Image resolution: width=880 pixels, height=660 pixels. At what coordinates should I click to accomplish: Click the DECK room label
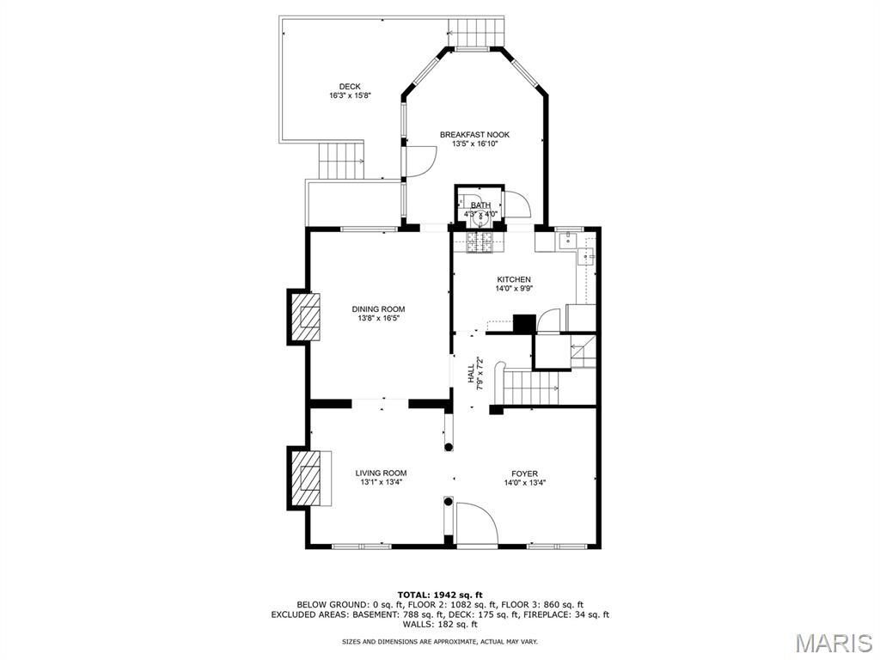349,86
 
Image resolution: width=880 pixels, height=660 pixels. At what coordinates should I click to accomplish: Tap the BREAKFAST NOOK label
474,135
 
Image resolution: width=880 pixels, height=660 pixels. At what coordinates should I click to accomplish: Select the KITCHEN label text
513,279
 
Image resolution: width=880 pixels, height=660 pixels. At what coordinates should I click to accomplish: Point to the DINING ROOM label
378,309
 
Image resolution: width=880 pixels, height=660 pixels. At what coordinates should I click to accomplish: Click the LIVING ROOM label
381,473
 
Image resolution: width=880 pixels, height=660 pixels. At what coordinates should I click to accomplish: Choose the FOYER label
524,474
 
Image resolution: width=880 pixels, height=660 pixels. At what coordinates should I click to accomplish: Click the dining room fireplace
304,316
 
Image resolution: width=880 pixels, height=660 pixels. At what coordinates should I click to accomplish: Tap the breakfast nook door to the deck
420,162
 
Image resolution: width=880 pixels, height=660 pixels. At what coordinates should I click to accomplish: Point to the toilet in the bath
480,217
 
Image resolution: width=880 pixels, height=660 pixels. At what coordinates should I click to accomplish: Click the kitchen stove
480,242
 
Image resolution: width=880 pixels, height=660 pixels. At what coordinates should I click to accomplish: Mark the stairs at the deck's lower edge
341,161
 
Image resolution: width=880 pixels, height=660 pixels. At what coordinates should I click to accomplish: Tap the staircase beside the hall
530,387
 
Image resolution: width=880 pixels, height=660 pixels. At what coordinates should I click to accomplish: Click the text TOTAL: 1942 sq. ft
440,595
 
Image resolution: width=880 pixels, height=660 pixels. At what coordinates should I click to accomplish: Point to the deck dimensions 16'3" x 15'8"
349,95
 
